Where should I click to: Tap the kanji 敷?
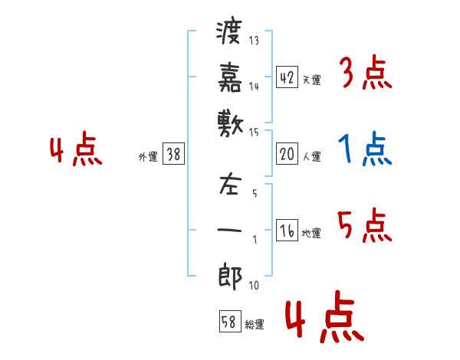pyautogui.click(x=230, y=121)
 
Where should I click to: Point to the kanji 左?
pyautogui.click(x=230, y=187)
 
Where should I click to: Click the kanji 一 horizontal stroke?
pyautogui.click(x=230, y=229)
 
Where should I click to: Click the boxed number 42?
pyautogui.click(x=287, y=77)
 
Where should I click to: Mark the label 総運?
pyautogui.click(x=254, y=325)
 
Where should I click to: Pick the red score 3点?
pyautogui.click(x=366, y=74)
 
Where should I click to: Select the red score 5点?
pyautogui.click(x=365, y=226)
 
